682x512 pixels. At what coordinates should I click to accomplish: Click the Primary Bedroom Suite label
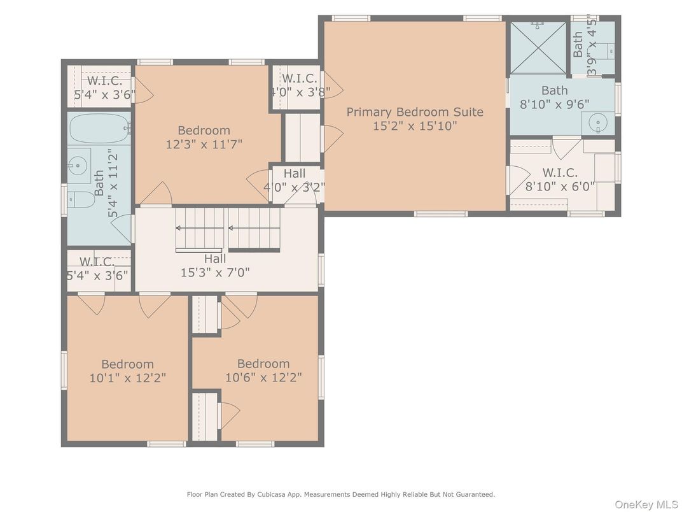(415, 112)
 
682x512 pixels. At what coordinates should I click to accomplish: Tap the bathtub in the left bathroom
(99, 129)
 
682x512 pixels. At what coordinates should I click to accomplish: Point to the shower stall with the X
(538, 48)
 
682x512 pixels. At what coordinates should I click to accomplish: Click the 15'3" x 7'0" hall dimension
(215, 273)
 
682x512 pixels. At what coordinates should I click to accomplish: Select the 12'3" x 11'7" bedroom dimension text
(204, 144)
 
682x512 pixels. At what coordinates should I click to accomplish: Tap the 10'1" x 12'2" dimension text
(128, 378)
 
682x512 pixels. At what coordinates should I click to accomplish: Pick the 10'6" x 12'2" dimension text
(263, 378)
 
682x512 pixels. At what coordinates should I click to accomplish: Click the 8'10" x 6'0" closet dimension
(560, 187)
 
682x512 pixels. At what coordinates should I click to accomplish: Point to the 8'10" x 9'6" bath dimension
(555, 104)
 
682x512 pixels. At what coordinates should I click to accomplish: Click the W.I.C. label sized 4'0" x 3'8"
(299, 79)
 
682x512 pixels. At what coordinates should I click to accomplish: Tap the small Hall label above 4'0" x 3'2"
(295, 174)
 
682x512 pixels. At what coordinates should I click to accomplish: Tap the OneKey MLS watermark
(646, 504)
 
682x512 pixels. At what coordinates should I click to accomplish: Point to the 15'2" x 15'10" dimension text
(415, 126)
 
